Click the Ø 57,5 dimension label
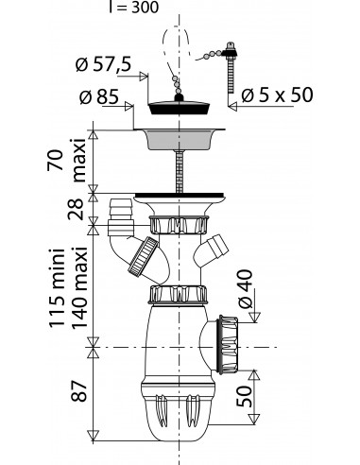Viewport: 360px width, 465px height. (103, 64)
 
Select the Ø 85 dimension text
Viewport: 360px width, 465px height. (99, 96)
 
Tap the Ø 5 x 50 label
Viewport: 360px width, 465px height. (278, 95)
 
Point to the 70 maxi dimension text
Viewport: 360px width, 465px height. (67, 160)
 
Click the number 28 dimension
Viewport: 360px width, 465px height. (77, 209)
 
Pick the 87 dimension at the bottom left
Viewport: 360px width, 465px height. (77, 390)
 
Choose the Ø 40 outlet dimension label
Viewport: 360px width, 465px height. (246, 289)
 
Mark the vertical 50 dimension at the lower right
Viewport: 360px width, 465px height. (245, 396)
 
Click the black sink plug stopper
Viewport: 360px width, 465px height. (180, 106)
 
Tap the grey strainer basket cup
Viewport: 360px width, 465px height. (180, 139)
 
